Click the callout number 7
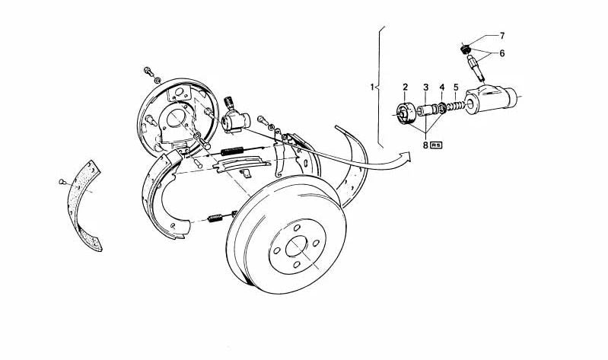point(502,36)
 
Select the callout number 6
point(502,53)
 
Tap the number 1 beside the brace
point(372,87)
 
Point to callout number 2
point(405,87)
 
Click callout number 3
point(426,87)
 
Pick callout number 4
point(442,87)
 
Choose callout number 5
point(456,87)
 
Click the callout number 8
point(425,145)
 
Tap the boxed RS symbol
point(436,145)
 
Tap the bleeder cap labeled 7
point(466,49)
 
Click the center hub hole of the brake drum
point(296,247)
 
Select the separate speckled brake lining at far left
point(84,206)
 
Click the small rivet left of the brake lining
point(62,181)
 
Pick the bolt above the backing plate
point(148,71)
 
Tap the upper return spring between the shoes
point(232,151)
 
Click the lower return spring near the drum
point(215,218)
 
